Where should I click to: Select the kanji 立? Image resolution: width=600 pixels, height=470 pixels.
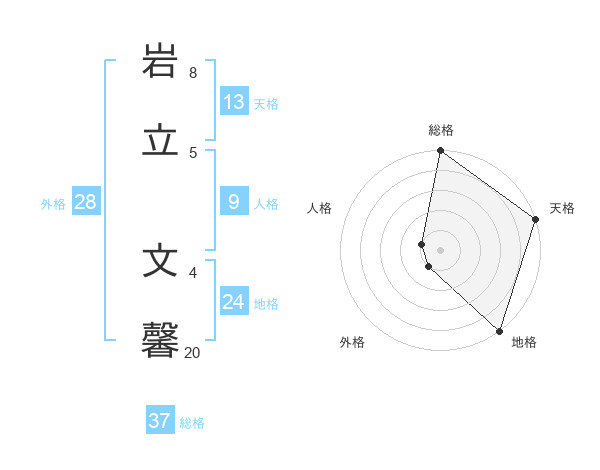pos(161,140)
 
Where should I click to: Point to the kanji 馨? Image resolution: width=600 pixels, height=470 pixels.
pos(161,340)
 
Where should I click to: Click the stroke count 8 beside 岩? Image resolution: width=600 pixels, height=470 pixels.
pos(193,72)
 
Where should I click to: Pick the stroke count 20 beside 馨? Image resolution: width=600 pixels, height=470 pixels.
pos(192,352)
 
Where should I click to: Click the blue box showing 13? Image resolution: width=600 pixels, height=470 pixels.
pos(234,102)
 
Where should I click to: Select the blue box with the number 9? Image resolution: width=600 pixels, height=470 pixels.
pos(234,202)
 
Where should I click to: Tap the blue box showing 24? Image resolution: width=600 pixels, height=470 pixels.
pos(234,301)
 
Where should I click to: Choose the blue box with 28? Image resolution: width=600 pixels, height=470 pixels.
pos(86,202)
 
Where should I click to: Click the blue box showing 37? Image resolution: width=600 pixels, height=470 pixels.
pos(160,421)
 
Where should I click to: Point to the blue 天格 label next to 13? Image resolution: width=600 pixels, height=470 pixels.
pos(266,104)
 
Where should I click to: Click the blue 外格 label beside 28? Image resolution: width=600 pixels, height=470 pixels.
pos(53,204)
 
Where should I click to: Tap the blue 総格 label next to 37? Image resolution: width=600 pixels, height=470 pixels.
pos(192,423)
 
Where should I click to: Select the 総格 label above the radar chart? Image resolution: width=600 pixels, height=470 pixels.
pos(441,130)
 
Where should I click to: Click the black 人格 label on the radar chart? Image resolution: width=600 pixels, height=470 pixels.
pos(319,208)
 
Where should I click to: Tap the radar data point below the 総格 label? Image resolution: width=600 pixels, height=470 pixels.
pos(440,152)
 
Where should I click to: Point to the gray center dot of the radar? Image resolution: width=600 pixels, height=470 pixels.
pos(440,249)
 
